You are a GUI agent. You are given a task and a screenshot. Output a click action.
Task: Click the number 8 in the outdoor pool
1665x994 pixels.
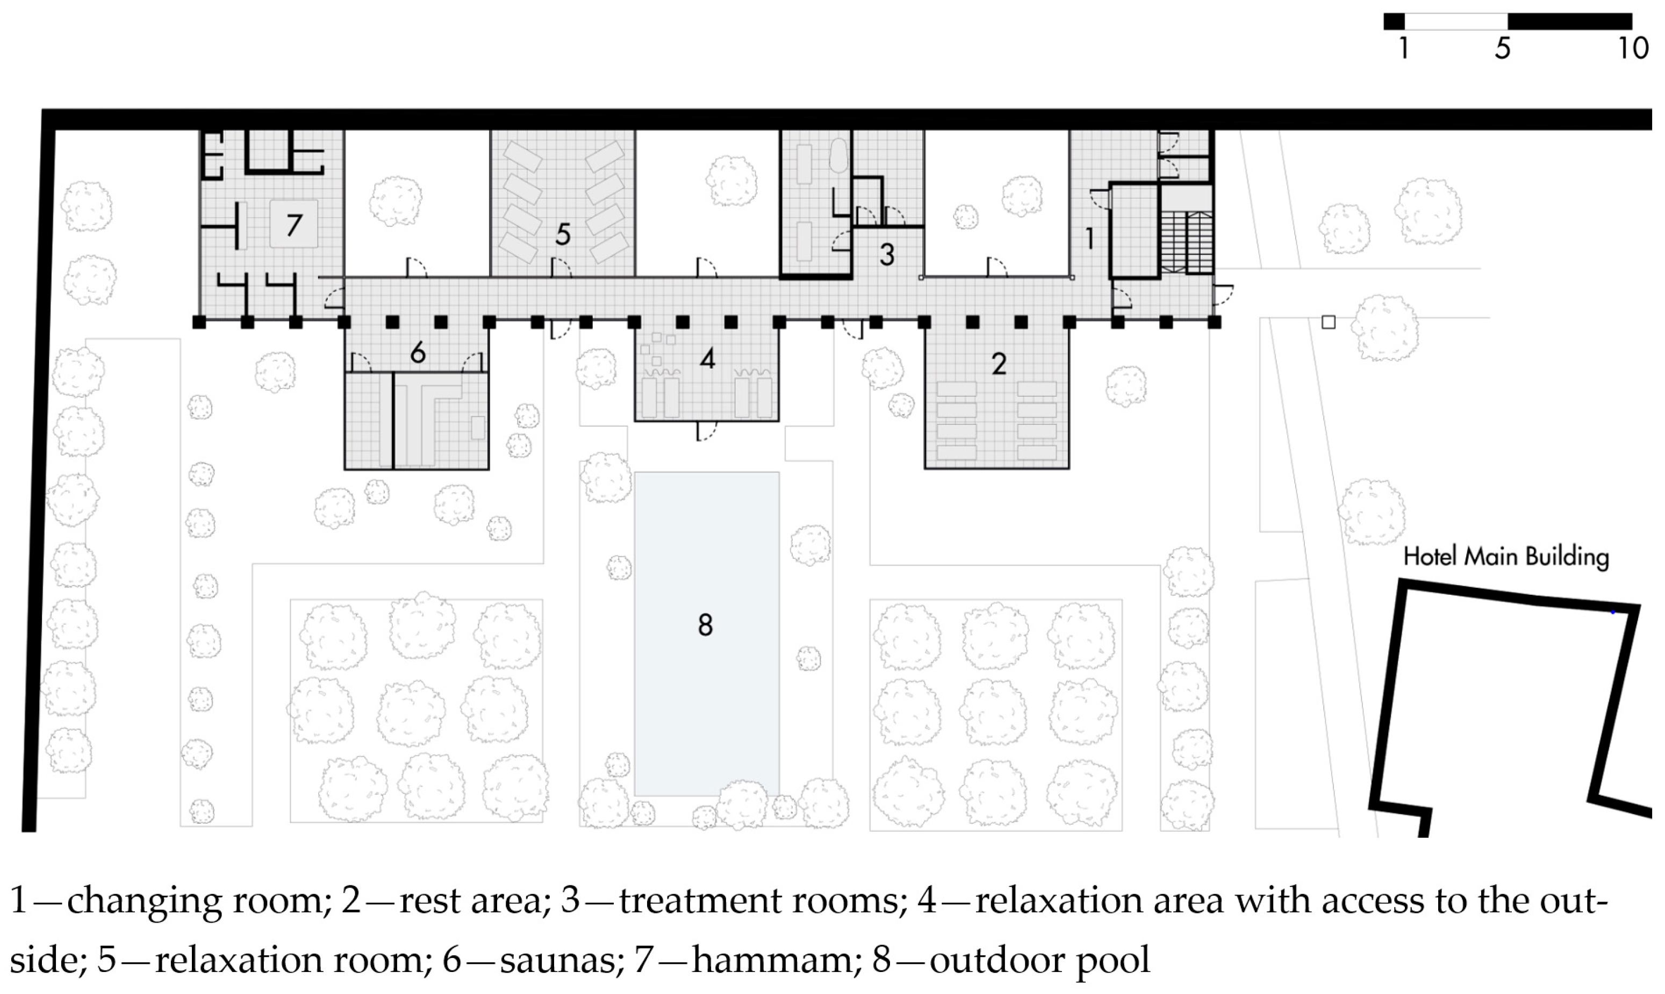click(x=705, y=625)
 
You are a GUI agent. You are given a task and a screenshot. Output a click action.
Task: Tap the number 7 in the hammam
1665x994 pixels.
click(x=294, y=225)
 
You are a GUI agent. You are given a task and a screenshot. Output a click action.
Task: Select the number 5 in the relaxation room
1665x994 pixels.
click(x=563, y=234)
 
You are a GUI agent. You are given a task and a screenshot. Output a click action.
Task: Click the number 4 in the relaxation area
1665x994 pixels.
click(x=707, y=359)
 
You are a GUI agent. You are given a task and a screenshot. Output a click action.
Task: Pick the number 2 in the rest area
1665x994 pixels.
click(x=999, y=363)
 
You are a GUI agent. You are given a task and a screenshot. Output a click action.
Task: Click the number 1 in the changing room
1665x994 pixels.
click(x=1090, y=238)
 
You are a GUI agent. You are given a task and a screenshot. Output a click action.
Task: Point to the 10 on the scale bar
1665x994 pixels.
click(x=1633, y=48)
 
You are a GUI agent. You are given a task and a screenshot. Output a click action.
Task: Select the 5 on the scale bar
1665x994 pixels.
click(x=1503, y=48)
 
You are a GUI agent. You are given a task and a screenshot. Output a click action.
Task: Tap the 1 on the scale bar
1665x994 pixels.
click(x=1403, y=48)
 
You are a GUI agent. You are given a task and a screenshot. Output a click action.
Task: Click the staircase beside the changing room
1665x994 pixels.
click(x=1187, y=242)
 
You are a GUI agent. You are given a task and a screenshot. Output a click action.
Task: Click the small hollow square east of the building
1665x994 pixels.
click(x=1328, y=322)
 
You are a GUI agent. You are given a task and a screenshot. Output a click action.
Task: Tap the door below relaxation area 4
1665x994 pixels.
click(x=706, y=431)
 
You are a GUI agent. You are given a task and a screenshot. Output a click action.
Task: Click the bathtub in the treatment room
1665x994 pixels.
click(x=837, y=155)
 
